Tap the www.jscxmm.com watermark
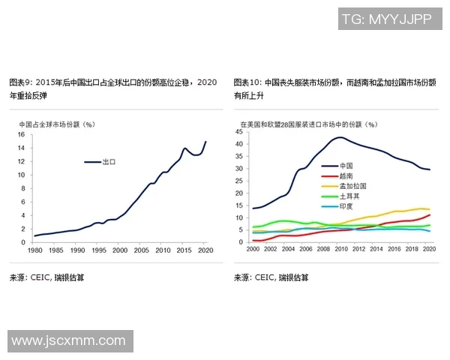[x=68, y=341]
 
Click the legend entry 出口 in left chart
[x=109, y=161]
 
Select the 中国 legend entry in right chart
[x=346, y=165]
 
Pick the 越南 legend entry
[x=346, y=175]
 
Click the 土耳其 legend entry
[x=349, y=196]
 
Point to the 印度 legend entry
[x=346, y=206]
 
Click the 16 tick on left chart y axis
[x=22, y=135]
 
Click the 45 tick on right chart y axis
[x=238, y=132]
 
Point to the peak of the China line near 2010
[x=340, y=137]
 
